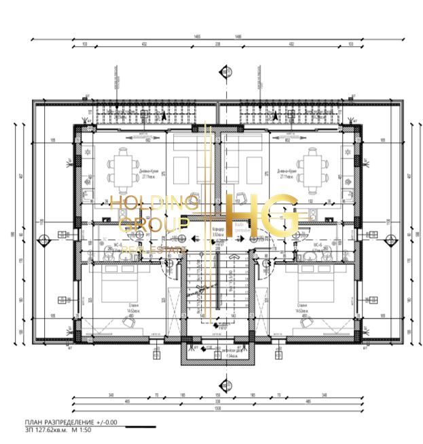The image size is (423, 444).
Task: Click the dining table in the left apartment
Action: pos(123,165)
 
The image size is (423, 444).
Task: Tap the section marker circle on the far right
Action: pos(390,239)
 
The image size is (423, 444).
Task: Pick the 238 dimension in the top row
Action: pos(217,44)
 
